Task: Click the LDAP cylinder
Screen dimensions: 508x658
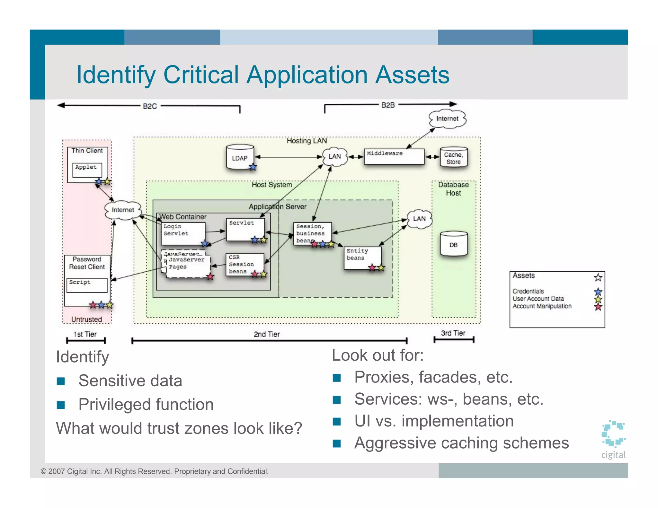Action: tap(240, 157)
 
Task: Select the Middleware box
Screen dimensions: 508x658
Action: tap(394, 157)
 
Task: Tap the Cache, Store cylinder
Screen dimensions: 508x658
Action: tap(453, 158)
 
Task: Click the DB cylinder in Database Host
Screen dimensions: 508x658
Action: tap(453, 244)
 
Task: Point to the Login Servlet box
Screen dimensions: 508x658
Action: tap(183, 233)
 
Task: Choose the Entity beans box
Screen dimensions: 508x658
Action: tap(363, 258)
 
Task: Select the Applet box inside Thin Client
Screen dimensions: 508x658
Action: tap(87, 170)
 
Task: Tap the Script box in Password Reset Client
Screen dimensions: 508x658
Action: tap(87, 285)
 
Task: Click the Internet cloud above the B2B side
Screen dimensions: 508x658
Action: tap(447, 119)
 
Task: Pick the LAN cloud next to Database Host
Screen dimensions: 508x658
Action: tap(419, 219)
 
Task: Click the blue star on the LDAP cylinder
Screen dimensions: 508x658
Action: tap(253, 167)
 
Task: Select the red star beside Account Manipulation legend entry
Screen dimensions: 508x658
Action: tap(598, 307)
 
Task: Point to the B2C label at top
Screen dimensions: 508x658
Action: tap(150, 106)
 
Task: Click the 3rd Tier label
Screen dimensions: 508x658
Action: tap(453, 333)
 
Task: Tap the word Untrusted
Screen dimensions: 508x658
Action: tap(86, 319)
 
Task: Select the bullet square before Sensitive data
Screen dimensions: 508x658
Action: tap(61, 381)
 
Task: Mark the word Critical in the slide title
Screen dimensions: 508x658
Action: tap(201, 75)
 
